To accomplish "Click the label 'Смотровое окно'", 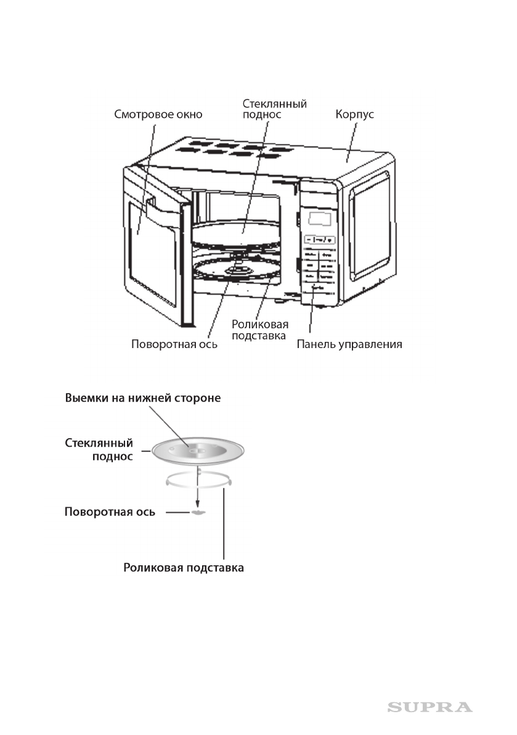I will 158,114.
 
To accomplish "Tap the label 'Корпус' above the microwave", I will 354,114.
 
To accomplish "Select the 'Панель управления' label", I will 349,344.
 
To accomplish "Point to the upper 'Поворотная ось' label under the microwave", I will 174,344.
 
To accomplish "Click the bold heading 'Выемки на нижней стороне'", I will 143,398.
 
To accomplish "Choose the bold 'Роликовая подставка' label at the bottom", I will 184,568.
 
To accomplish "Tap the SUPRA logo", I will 429,707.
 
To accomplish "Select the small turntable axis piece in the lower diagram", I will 197,512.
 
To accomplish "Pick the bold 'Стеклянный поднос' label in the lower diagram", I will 99,450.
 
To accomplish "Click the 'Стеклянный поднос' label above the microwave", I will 274,109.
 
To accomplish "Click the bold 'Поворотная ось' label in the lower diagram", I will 110,512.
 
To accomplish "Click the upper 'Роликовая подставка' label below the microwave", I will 259,330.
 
